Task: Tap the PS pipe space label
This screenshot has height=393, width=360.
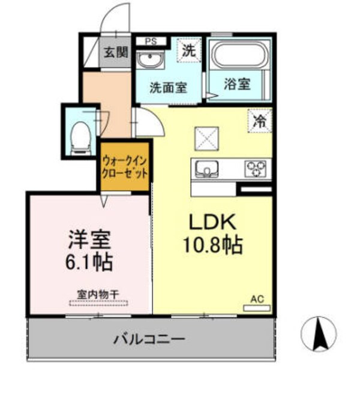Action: (x=151, y=41)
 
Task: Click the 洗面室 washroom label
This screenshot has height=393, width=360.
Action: (x=168, y=86)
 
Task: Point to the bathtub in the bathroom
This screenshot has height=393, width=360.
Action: (x=239, y=56)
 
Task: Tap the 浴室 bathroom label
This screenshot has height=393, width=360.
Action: (x=237, y=84)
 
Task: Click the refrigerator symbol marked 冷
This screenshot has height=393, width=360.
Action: (x=260, y=120)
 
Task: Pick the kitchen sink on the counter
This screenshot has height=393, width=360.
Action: (x=207, y=169)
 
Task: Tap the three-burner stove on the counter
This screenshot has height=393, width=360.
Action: (x=256, y=169)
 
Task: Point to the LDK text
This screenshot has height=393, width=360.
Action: (x=213, y=223)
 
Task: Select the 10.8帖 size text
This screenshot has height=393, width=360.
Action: (x=214, y=244)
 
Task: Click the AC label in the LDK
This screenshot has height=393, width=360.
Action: (x=257, y=299)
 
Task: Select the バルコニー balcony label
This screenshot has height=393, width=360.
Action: (x=149, y=340)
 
